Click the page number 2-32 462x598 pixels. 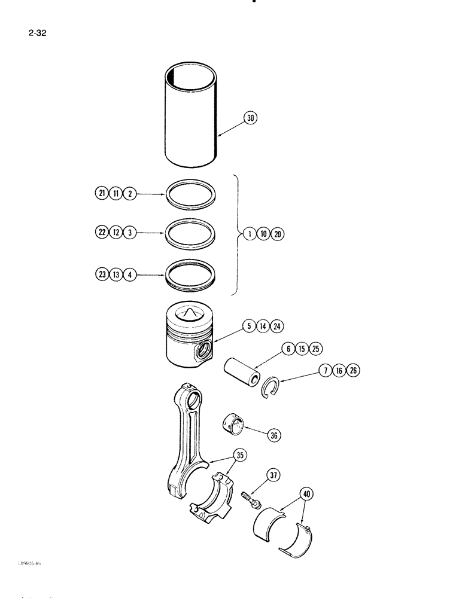click(x=37, y=33)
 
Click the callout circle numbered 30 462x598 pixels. click(x=251, y=118)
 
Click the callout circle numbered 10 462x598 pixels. click(x=263, y=234)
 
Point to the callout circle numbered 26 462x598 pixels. click(x=354, y=371)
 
